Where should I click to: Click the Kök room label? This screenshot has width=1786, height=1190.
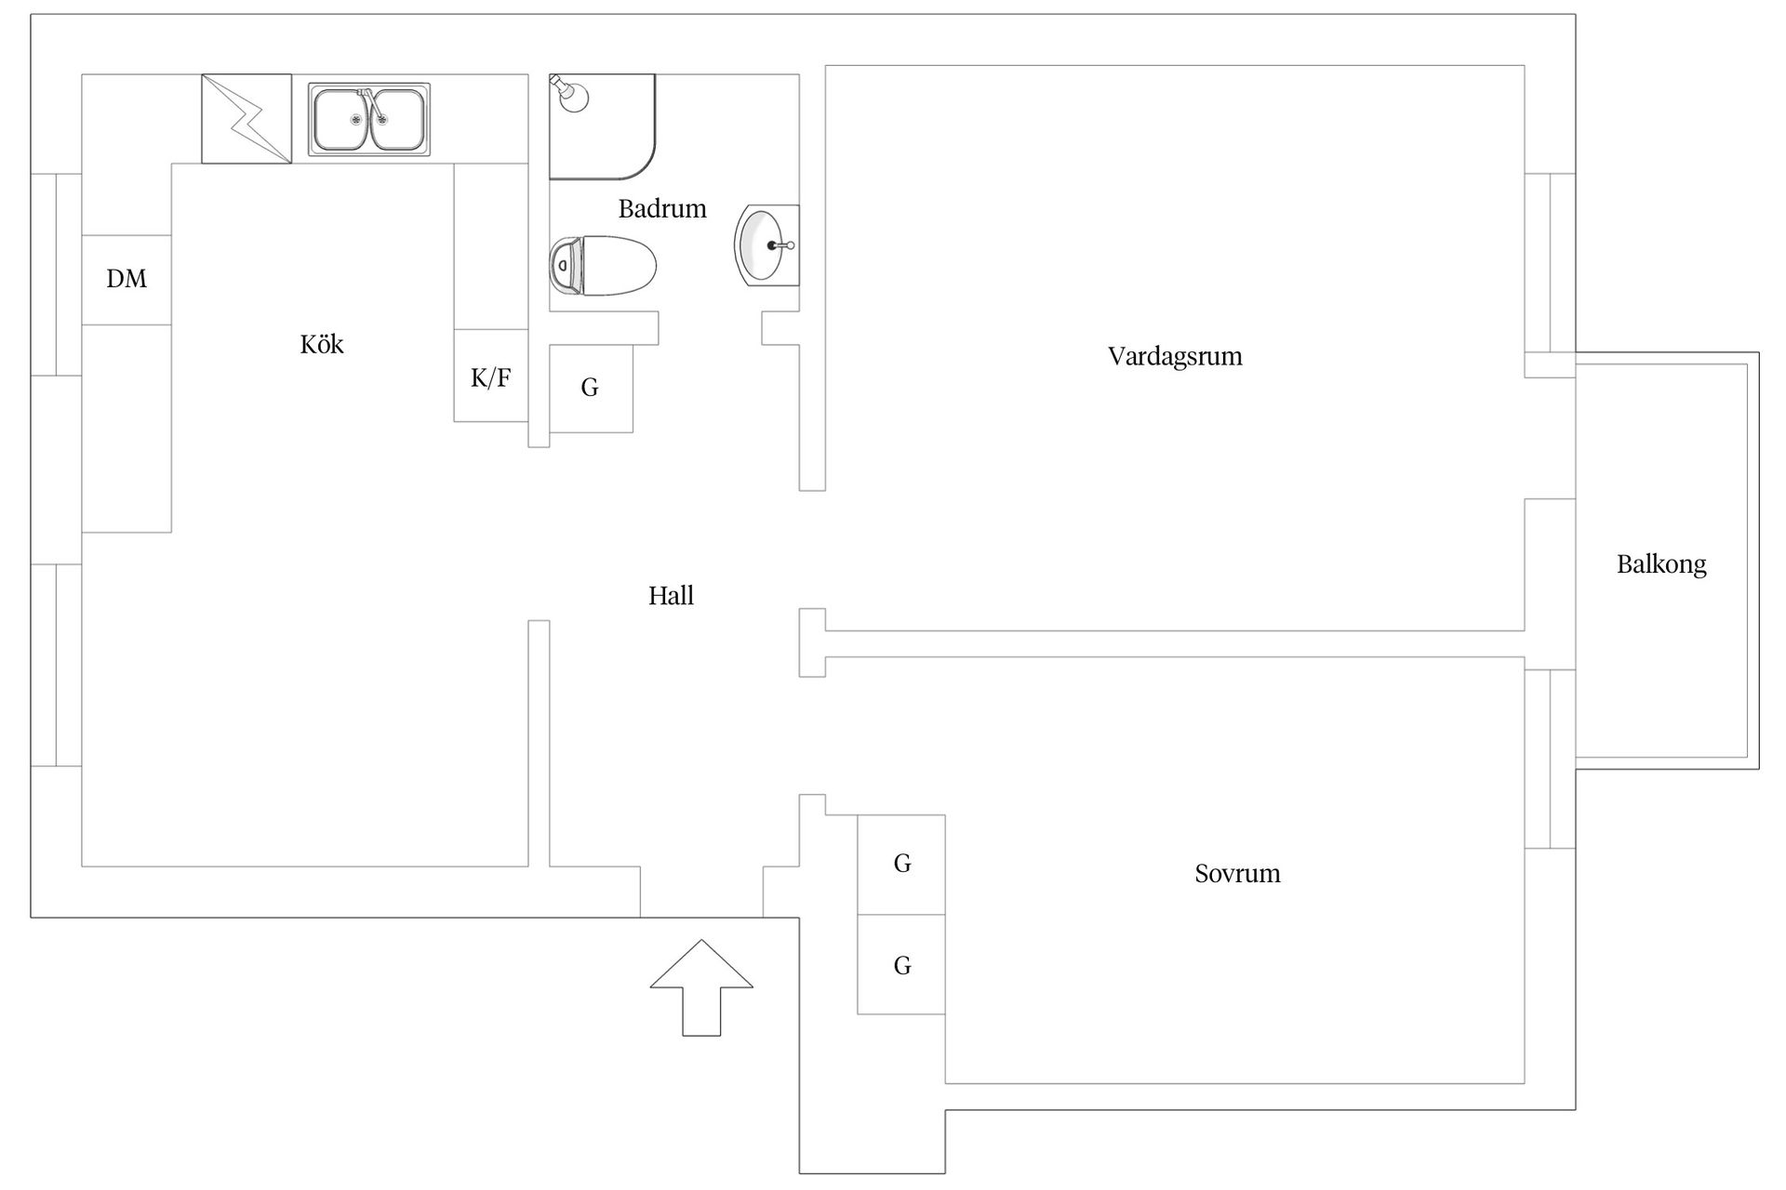[322, 345]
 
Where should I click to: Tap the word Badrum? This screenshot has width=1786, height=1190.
[662, 208]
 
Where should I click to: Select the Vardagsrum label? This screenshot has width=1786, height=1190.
[1175, 357]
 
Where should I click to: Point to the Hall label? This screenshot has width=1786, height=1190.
[671, 595]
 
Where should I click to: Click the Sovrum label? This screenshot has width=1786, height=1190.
[1237, 874]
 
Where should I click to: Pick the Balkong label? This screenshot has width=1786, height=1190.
[1661, 565]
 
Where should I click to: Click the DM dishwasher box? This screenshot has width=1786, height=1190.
[127, 280]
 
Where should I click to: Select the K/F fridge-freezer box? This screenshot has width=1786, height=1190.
[491, 376]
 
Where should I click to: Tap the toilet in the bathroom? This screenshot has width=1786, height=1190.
[603, 266]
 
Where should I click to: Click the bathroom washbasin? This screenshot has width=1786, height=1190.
[767, 245]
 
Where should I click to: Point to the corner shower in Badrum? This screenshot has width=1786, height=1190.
[602, 126]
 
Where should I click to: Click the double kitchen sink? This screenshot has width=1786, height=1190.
[369, 120]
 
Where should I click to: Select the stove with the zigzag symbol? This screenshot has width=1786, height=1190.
[247, 119]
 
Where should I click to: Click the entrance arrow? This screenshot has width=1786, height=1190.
[701, 987]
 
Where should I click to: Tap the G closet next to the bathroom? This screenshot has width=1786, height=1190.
[591, 389]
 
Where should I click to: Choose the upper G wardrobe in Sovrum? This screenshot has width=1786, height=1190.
[901, 865]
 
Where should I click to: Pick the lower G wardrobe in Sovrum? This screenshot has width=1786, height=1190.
[901, 964]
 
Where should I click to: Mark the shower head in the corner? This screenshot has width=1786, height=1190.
[570, 94]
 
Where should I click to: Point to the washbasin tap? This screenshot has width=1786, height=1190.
[781, 245]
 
